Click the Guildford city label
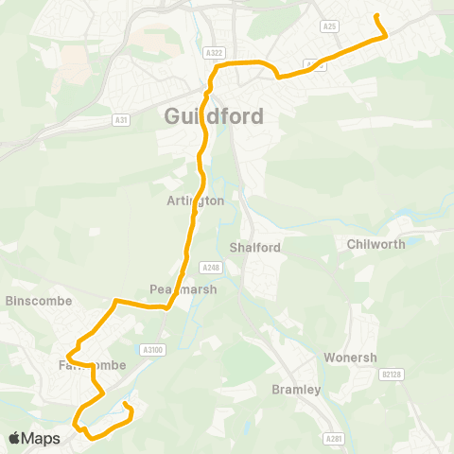tap(214, 116)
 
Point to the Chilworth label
tap(375, 244)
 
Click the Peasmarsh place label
tap(183, 289)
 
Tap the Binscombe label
tap(33, 301)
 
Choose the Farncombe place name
tap(85, 365)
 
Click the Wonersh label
tap(350, 358)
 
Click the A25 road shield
tap(329, 27)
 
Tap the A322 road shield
tap(215, 54)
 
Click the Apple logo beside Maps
tap(14, 438)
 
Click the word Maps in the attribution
tap(41, 438)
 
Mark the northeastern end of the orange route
tap(377, 16)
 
